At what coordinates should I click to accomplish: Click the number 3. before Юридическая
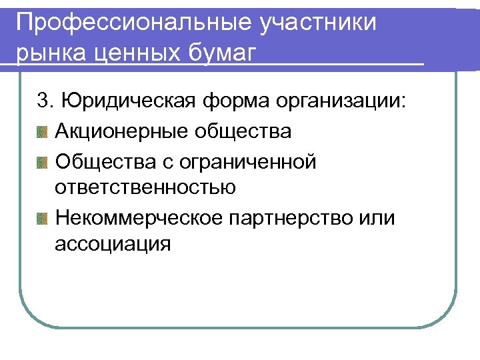45,101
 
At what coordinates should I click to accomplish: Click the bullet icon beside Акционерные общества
43,131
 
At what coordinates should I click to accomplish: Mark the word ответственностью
145,188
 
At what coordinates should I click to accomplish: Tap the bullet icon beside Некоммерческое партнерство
43,217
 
